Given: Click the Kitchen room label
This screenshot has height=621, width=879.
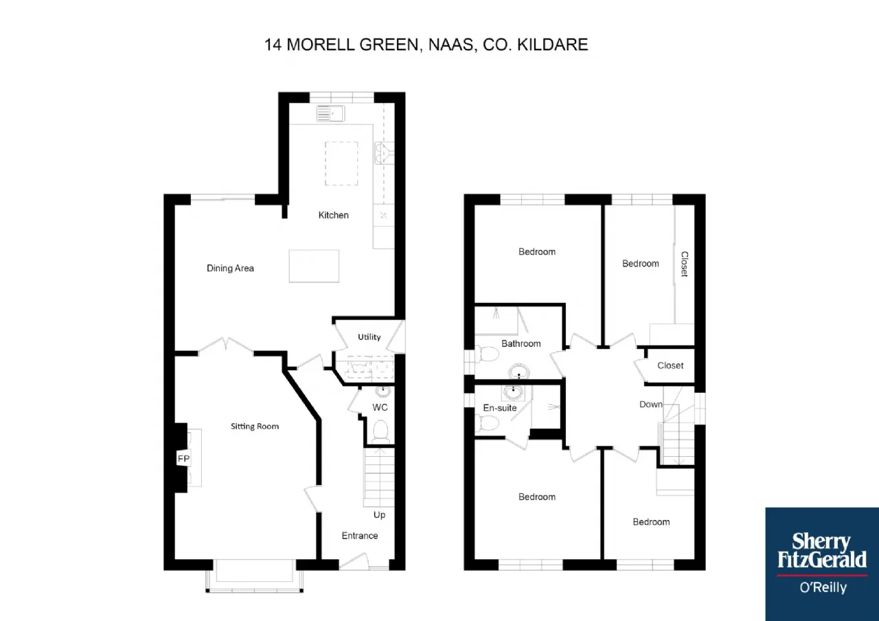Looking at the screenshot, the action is [333, 215].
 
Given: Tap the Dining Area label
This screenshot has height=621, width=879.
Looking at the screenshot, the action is [230, 269].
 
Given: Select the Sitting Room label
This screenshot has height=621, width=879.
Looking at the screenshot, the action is [255, 427].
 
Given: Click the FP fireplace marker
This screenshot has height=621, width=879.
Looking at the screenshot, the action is [183, 458].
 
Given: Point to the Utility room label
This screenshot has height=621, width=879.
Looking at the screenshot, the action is [369, 337].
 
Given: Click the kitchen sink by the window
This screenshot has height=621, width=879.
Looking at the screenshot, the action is [330, 113].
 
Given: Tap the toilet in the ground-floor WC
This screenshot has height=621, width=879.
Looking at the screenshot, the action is [380, 431].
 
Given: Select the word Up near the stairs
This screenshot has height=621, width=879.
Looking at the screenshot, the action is [379, 515].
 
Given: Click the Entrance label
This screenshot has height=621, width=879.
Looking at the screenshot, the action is [360, 536].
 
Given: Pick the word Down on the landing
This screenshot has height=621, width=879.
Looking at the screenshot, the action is [650, 405].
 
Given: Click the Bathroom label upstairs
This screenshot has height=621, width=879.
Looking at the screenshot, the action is [521, 344].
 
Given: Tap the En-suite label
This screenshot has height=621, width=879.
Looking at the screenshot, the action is [499, 408].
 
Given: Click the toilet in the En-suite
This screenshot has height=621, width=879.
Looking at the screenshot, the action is [487, 423].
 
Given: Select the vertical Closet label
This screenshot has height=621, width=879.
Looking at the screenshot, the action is [685, 264].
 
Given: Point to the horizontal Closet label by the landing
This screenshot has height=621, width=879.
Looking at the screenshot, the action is [670, 365].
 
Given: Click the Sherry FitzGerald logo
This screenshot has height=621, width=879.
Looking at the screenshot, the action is [822, 564].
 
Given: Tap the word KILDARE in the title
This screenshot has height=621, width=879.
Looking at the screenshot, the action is [553, 45].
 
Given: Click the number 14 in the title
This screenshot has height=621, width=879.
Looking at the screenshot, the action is [273, 45].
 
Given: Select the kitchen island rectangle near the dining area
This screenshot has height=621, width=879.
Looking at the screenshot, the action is [314, 266].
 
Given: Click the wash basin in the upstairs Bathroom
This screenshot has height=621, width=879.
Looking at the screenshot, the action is [518, 372].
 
